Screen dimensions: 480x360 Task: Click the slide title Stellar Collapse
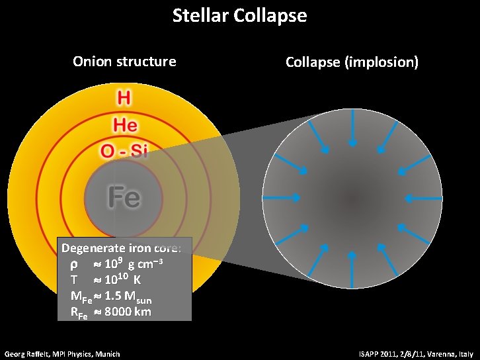239,15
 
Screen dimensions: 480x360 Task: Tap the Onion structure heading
124,62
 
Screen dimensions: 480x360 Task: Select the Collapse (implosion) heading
352,62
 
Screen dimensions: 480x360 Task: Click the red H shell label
124,99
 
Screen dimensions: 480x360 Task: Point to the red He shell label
124,124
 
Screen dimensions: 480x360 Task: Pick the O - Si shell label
124,151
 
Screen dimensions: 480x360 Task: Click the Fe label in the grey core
124,197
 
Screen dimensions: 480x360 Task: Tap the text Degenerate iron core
125,249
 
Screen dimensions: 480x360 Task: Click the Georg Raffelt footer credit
62,354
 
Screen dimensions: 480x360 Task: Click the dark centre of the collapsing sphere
352,197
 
